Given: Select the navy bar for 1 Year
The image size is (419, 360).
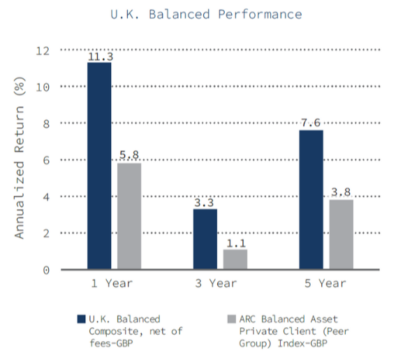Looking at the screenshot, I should tap(99, 166).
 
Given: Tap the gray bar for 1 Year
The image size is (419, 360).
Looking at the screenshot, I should tap(129, 216).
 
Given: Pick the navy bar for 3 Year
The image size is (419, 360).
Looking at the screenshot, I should tap(205, 239).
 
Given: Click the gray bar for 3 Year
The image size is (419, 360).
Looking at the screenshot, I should tap(235, 259).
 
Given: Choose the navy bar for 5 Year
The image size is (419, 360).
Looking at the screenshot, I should tap(311, 199).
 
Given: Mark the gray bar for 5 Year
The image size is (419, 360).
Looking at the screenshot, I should tap(341, 234).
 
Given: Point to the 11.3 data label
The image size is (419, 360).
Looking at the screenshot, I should tap(100, 57).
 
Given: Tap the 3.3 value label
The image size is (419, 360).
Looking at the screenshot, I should tap(205, 203).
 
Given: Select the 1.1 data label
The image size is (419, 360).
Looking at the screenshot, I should tap(235, 243).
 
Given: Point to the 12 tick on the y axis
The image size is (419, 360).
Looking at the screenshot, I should tap(43, 50).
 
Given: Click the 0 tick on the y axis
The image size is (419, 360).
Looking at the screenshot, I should tap(47, 270).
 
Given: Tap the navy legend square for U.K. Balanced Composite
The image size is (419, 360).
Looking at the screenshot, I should tap(80, 319).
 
